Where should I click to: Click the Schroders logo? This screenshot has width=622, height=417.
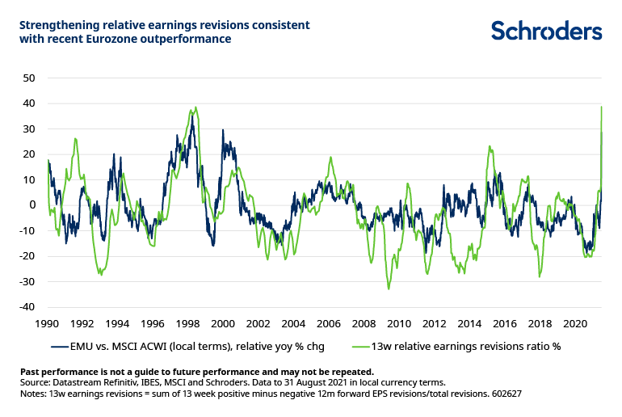pos(547,32)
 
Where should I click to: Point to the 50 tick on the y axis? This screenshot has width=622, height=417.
pos(29,78)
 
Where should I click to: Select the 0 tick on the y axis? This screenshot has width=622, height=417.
pos(32,205)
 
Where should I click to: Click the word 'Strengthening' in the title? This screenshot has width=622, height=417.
pos(57,24)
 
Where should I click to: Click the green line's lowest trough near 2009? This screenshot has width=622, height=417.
pos(389,289)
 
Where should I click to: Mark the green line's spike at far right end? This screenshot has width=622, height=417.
pos(602,107)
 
